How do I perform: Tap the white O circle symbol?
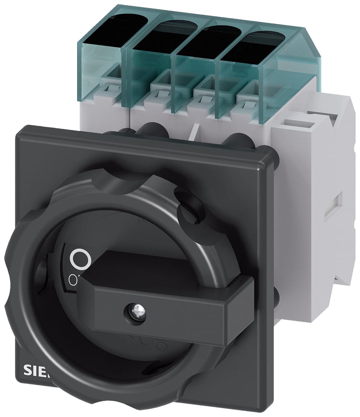click(80, 259)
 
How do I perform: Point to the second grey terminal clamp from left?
click(161, 88)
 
